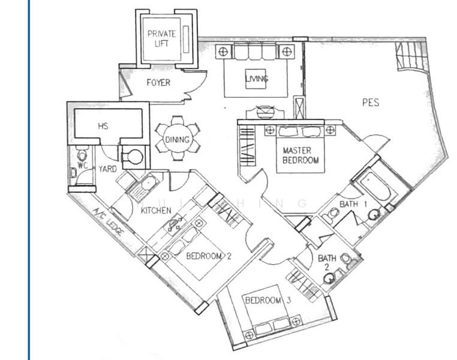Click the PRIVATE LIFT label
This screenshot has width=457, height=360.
pos(161,38)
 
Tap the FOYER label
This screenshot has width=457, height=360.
pos(158,83)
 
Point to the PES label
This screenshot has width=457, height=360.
pos(371,103)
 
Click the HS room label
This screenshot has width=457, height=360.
pos(103,127)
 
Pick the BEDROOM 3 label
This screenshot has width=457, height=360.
pos(267,300)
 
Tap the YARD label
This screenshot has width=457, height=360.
pos(107,170)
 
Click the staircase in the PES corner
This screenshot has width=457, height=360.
pos(410,57)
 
